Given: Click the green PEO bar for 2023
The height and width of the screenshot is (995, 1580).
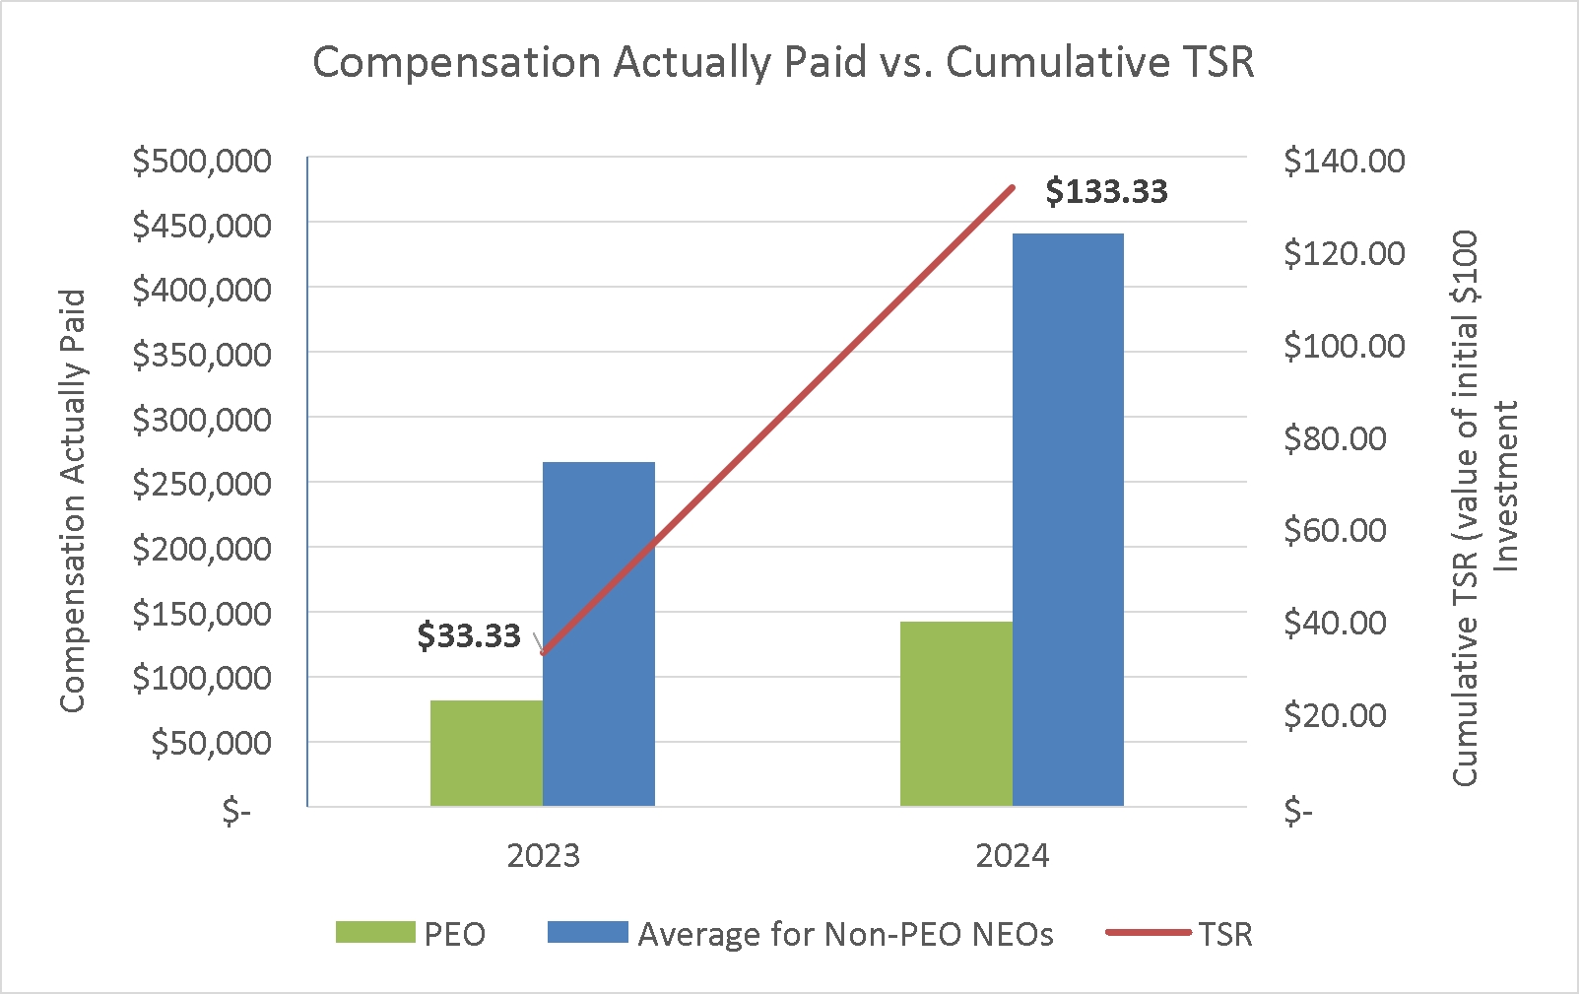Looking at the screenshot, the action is tap(487, 753).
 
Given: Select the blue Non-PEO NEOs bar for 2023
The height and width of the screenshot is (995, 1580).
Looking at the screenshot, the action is tap(599, 633).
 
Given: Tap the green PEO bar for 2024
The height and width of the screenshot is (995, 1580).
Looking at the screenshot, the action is tap(956, 713).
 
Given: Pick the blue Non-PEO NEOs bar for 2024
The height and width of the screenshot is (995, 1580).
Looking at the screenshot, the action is tap(1068, 519).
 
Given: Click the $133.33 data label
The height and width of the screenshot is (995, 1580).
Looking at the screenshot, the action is tap(1107, 192).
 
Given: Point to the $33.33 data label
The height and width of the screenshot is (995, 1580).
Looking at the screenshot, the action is tap(468, 635).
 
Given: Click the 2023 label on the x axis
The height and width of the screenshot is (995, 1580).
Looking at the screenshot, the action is tap(543, 856).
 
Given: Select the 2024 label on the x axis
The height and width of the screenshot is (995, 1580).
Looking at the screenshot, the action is tap(1013, 856).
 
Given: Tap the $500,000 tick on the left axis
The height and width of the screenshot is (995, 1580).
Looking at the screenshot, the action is tap(202, 162).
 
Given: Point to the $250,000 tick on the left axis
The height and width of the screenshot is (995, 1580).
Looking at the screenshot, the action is tap(202, 485).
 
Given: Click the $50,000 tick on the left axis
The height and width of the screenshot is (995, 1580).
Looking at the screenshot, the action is tap(211, 743).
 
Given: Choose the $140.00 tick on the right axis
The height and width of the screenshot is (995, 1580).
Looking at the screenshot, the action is tap(1345, 162).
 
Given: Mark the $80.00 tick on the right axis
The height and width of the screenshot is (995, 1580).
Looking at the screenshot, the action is tap(1336, 439).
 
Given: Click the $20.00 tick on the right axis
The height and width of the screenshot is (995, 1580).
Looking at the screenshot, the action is tap(1336, 715).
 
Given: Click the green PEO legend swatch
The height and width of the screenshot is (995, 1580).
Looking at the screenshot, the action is tap(375, 932).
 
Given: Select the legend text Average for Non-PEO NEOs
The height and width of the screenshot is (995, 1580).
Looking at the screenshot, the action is tap(845, 934).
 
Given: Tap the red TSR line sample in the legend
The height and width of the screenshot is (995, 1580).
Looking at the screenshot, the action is tap(1149, 933).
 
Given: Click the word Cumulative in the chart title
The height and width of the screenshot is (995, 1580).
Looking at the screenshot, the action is tap(1057, 62).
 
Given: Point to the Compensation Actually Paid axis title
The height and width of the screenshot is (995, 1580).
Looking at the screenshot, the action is tap(72, 501).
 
